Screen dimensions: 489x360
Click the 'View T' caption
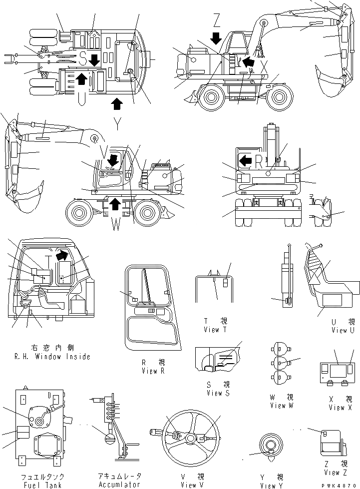point(215,330)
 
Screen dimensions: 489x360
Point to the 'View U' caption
point(343,330)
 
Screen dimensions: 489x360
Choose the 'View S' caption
point(219,393)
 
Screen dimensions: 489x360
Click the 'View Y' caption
point(272,486)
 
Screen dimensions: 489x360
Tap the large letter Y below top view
point(116,125)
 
